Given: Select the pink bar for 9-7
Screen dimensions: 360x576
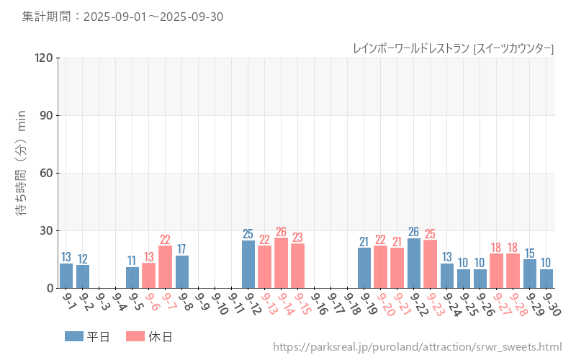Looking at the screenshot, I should [x=166, y=267].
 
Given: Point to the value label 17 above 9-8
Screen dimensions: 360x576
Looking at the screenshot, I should [x=182, y=249].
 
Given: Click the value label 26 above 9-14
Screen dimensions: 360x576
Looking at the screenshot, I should [x=282, y=232].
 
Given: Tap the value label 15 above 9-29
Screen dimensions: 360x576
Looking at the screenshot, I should [x=530, y=253].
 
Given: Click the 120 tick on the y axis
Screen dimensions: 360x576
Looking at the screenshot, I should [x=44, y=58].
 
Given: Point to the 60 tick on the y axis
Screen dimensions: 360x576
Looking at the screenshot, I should [x=47, y=173].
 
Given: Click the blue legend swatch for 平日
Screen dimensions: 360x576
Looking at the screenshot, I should [x=74, y=336].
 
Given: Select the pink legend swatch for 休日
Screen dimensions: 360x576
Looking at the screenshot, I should [x=135, y=336].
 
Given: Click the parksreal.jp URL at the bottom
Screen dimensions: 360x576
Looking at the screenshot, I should [x=417, y=347].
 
